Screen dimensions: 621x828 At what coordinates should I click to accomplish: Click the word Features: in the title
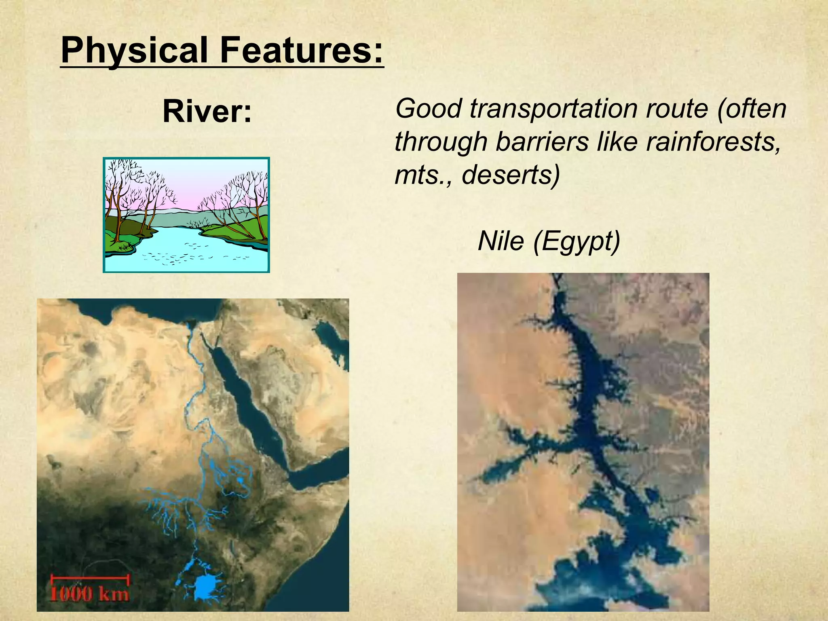point(302,51)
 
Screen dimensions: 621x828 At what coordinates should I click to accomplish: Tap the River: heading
point(207,112)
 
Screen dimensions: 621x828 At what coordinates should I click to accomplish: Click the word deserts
point(511,175)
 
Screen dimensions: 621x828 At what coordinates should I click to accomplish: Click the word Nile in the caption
point(501,241)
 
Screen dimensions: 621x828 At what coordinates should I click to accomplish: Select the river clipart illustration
point(186,215)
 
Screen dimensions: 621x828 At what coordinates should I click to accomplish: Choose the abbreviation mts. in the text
point(422,175)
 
